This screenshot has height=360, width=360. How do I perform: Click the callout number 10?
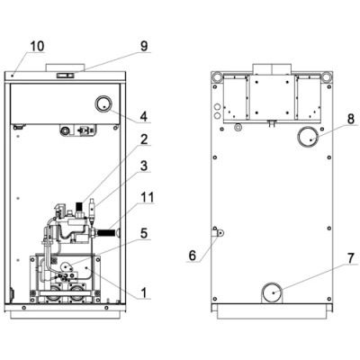click(x=37, y=46)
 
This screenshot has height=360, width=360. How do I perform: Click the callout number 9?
click(x=144, y=46)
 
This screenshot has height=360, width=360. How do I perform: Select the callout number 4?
click(x=144, y=116)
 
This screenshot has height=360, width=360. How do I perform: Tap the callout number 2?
click(x=144, y=139)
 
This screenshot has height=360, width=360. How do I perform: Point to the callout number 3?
click(x=144, y=166)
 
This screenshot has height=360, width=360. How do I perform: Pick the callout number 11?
click(x=148, y=197)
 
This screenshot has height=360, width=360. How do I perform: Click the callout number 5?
click(x=144, y=233)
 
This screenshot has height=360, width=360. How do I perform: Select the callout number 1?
click(x=144, y=292)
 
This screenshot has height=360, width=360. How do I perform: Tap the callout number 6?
click(x=193, y=256)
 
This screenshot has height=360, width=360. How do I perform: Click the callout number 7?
click(x=351, y=258)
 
